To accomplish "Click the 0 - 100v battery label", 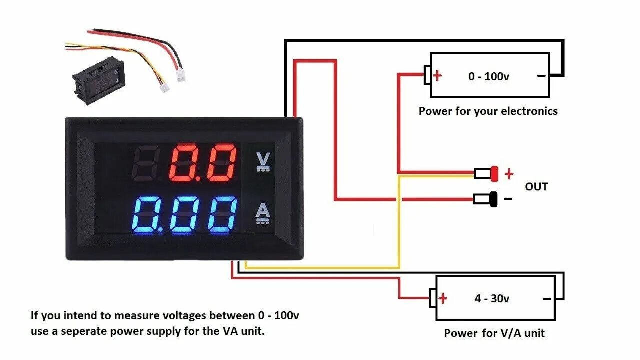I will coord(489,76).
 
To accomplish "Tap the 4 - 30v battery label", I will coord(492,299).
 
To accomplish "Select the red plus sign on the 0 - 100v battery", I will coord(438,76).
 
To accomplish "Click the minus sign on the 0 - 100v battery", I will coord(541,76).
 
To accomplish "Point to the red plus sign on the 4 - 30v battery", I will coord(443,299).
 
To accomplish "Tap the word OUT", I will coord(536,187).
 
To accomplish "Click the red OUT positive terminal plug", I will coord(494,174).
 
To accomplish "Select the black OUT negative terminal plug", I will coord(493,199).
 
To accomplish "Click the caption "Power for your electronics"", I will coord(488,111).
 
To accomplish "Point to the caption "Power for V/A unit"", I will coord(494,333).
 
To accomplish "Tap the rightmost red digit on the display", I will coord(221,163).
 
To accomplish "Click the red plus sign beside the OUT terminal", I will coord(509,174).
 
